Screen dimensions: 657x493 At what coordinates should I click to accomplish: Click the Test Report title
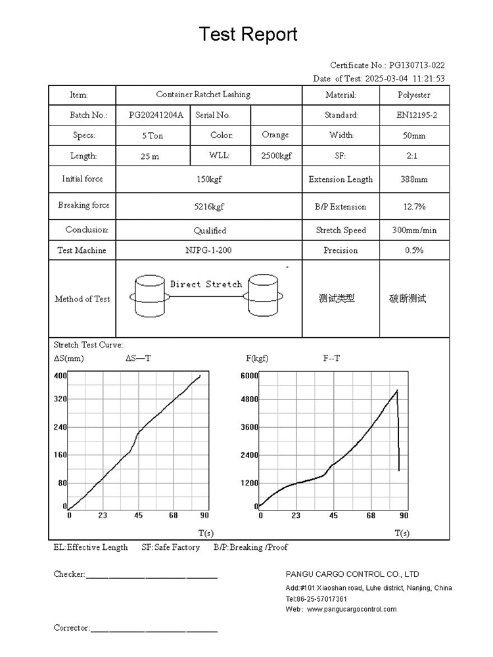(248, 34)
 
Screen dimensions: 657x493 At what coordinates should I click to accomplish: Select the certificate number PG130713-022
(417, 65)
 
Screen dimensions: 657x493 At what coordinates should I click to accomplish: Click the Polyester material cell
(414, 95)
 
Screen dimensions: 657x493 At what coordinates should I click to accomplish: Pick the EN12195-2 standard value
(414, 115)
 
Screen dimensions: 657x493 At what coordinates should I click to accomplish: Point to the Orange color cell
(275, 135)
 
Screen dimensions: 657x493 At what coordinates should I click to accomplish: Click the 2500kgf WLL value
(277, 156)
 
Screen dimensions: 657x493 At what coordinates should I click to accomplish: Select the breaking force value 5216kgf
(209, 206)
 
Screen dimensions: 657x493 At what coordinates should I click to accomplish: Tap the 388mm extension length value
(414, 179)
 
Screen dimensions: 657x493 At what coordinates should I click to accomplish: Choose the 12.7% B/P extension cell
(414, 206)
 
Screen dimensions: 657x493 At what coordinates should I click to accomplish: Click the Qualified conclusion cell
(209, 231)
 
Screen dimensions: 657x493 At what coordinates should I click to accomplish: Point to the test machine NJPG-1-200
(208, 250)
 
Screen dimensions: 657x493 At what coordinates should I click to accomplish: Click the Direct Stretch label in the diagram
(206, 284)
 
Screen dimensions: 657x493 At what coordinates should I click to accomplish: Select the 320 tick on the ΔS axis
(60, 399)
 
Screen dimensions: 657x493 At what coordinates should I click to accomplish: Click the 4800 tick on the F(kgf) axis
(249, 399)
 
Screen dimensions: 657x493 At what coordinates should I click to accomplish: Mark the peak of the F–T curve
(397, 391)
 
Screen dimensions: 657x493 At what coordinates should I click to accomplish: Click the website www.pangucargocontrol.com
(351, 609)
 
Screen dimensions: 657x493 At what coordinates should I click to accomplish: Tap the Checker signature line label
(69, 574)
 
